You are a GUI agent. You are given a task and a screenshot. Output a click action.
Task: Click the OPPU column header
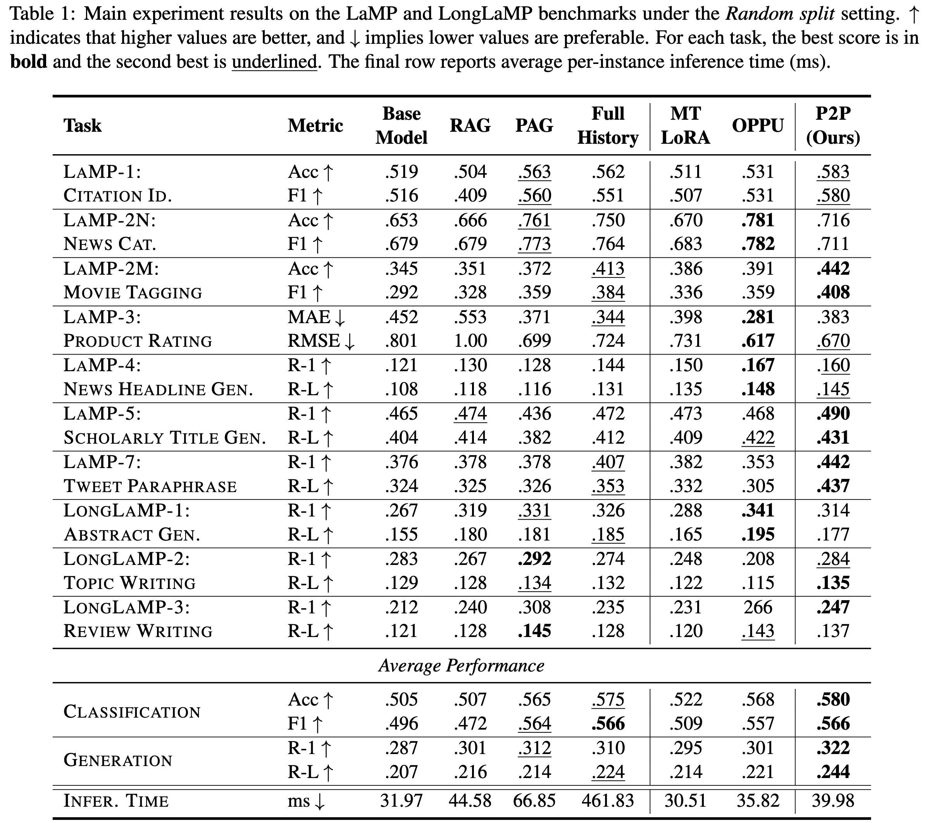click(757, 126)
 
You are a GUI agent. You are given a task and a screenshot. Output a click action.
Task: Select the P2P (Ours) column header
click(833, 126)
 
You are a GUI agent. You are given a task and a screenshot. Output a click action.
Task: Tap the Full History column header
click(607, 126)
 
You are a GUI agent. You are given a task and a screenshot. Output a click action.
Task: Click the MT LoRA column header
click(685, 126)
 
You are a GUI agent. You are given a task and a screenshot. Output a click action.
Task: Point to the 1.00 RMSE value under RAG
click(470, 341)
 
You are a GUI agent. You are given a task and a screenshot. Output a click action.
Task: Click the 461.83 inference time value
click(607, 801)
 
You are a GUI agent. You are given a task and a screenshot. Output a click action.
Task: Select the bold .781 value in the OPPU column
click(758, 220)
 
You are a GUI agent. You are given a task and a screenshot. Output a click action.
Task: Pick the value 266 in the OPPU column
click(758, 607)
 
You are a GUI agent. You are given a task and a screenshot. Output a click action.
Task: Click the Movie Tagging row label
click(133, 293)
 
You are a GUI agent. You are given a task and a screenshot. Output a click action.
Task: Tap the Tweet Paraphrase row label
click(150, 486)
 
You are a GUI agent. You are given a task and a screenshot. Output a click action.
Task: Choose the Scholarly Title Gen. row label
click(165, 437)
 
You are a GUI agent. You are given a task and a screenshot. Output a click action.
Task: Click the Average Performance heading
click(461, 666)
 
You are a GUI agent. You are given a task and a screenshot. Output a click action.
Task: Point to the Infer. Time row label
click(116, 801)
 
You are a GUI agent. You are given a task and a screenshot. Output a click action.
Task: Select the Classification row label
click(132, 711)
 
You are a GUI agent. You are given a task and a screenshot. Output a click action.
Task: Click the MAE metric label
click(310, 317)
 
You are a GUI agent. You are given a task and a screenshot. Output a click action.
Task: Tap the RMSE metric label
click(314, 341)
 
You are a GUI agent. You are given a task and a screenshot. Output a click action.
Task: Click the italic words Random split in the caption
click(780, 14)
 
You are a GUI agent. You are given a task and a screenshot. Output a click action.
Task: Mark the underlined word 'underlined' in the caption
click(274, 62)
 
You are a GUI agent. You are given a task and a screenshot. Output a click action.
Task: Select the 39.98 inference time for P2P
click(833, 801)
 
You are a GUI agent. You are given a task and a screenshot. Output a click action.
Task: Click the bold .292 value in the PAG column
click(534, 559)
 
